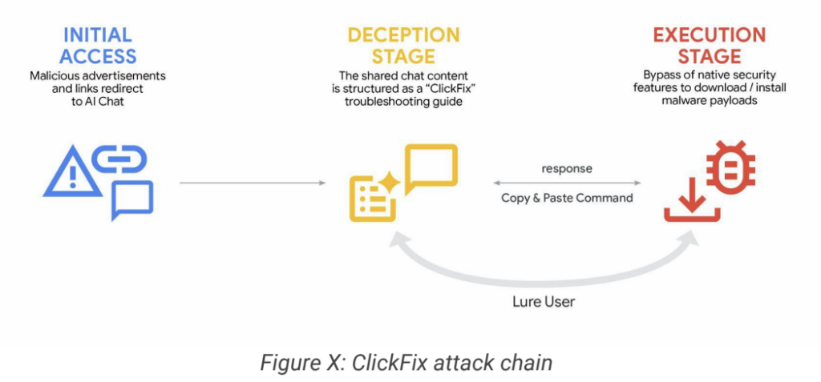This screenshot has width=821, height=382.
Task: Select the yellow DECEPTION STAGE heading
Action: click(x=403, y=45)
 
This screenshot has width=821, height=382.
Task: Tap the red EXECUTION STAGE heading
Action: click(x=709, y=45)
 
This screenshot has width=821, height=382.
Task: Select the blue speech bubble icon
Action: click(x=131, y=199)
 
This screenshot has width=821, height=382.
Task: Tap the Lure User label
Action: click(x=543, y=303)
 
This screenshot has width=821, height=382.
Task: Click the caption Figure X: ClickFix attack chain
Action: click(x=406, y=362)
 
